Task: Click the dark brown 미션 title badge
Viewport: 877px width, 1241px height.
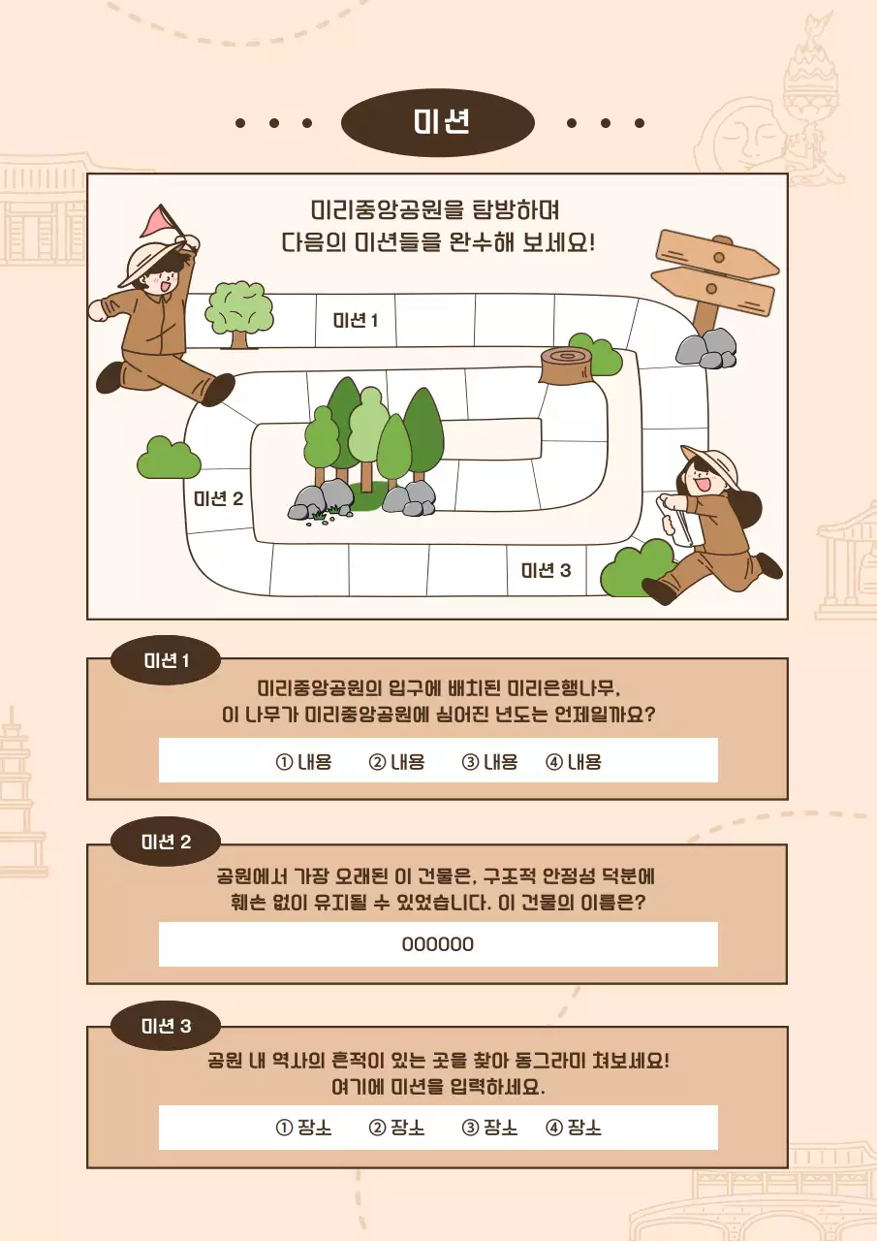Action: (x=438, y=123)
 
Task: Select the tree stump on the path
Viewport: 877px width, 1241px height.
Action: (x=566, y=366)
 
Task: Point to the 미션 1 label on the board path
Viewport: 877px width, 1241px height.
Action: (x=356, y=320)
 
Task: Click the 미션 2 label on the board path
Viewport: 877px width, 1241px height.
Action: (x=219, y=498)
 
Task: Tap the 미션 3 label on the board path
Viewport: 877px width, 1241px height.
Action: (x=547, y=570)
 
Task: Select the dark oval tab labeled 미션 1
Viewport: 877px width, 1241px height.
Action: (x=166, y=660)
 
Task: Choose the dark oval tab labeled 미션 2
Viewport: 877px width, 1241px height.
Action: (x=166, y=842)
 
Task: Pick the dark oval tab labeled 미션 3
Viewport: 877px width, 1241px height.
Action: (x=166, y=1026)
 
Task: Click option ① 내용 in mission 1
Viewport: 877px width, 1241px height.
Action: (x=303, y=762)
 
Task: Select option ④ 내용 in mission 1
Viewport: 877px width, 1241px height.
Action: (x=574, y=762)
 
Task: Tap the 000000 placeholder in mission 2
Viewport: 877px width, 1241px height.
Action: (x=438, y=944)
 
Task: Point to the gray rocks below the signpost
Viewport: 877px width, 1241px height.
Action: (x=706, y=349)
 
